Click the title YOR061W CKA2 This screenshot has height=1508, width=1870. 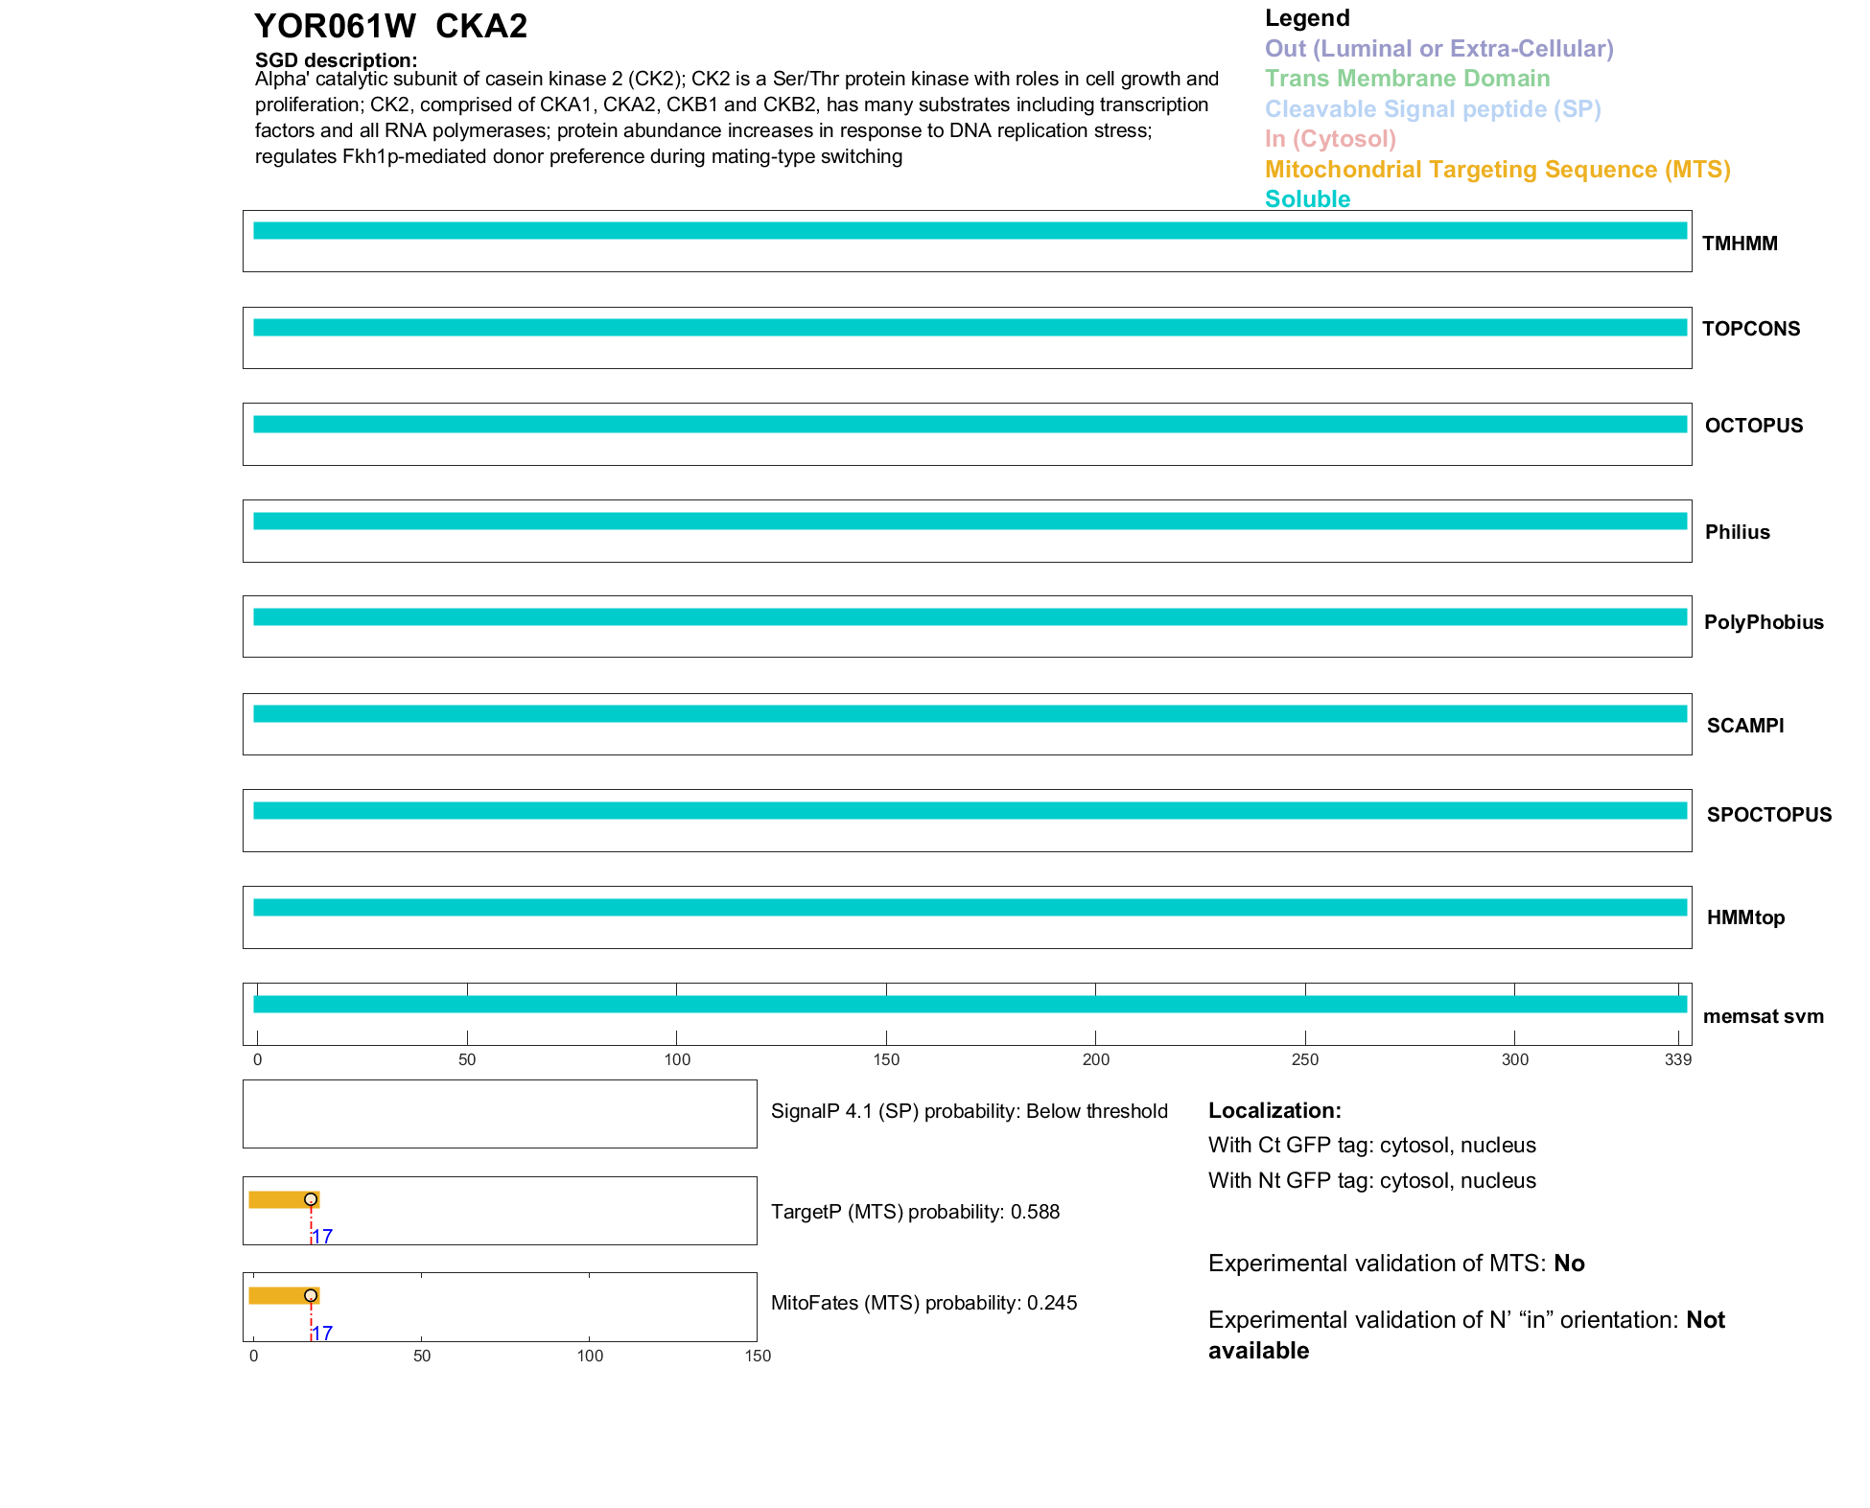[x=390, y=27]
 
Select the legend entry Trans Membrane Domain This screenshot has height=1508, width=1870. [x=1407, y=79]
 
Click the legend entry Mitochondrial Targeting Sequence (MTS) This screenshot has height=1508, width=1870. [x=1497, y=170]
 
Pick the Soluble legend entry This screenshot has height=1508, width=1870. [x=1307, y=199]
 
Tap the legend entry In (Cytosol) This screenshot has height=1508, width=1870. [x=1330, y=139]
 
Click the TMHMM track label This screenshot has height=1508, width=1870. [x=1739, y=244]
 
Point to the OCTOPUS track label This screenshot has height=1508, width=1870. [x=1753, y=426]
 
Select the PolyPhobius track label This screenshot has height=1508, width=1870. [x=1763, y=622]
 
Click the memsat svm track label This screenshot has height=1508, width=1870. [x=1763, y=1016]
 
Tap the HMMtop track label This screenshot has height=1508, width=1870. [x=1745, y=917]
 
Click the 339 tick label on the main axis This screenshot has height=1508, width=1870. [x=1678, y=1059]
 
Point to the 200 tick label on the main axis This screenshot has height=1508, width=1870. [x=1095, y=1059]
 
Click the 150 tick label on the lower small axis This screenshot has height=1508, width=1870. [x=758, y=1356]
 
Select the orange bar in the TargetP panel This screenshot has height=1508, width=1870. [x=278, y=1199]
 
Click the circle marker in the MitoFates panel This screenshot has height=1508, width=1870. [x=311, y=1295]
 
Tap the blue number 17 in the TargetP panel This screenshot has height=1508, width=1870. [x=323, y=1237]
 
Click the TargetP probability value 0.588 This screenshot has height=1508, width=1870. [x=1035, y=1212]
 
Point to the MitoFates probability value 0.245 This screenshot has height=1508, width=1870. [x=1052, y=1303]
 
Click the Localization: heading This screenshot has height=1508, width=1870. [x=1274, y=1110]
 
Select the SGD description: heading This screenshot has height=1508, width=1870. [x=336, y=60]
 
